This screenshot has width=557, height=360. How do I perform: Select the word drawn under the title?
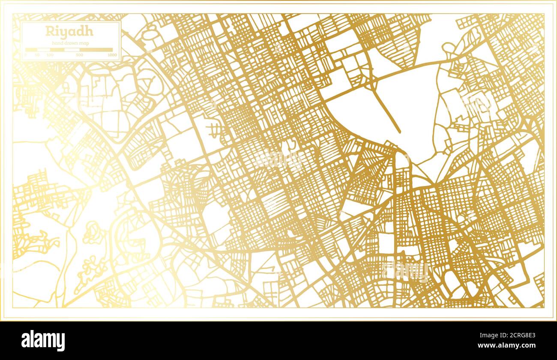pos(70,43)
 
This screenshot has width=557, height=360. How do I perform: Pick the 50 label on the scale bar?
pos(37,55)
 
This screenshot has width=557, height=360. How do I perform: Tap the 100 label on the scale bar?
pos(50,55)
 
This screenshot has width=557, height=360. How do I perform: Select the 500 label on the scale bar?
pos(79,55)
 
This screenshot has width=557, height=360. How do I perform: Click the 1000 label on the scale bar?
pos(112,55)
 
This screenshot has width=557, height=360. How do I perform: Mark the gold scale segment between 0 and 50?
pos(32,50)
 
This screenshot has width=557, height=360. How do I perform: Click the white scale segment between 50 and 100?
pos(44,50)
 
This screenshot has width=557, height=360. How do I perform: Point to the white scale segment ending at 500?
pos(72,50)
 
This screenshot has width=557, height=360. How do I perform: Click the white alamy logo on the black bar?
pos(43,341)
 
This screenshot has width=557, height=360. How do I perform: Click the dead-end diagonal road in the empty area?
pos(386,111)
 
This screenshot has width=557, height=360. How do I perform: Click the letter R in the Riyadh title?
pos(49,31)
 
